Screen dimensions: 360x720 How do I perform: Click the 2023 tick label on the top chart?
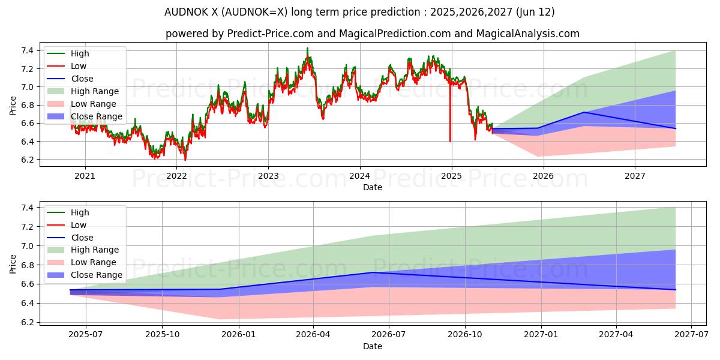(x=268, y=176)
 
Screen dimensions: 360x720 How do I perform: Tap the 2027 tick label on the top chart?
(x=635, y=176)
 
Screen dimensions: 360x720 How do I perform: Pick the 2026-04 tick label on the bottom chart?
(x=314, y=335)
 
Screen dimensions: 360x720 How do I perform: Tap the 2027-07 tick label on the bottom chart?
(x=691, y=335)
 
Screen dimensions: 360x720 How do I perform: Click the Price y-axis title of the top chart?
(x=13, y=105)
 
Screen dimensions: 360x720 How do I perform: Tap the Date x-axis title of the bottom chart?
(x=373, y=346)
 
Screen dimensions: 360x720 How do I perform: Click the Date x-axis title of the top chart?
(x=373, y=187)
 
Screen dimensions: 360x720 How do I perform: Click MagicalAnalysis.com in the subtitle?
(x=528, y=34)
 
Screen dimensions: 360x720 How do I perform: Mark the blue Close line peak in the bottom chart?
(x=373, y=272)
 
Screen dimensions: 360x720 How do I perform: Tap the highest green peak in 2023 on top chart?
(x=307, y=48)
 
